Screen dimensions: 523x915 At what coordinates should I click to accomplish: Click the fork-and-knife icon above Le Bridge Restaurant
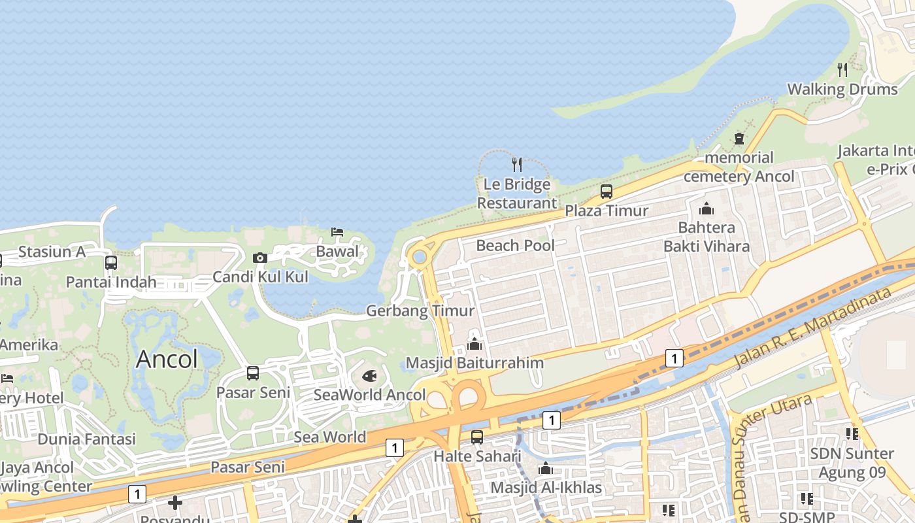[516, 163]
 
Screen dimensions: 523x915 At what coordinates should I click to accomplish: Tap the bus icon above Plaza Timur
[607, 192]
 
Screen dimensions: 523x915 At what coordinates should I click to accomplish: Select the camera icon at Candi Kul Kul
[260, 258]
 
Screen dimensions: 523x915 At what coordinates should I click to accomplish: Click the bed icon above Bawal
[337, 232]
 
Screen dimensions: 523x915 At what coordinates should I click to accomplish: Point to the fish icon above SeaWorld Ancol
[369, 376]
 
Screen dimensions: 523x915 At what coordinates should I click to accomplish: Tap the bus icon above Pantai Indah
[111, 263]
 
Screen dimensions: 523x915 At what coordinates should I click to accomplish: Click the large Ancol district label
[167, 359]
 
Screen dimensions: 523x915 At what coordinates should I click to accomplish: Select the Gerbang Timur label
[420, 311]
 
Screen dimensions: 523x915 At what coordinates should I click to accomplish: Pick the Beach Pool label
[515, 246]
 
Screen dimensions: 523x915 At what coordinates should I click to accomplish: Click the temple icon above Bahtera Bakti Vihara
[707, 209]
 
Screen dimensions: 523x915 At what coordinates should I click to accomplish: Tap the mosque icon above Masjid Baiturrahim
[474, 343]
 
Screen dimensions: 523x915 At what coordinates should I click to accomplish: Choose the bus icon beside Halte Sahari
[477, 437]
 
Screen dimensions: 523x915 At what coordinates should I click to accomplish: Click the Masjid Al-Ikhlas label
[546, 488]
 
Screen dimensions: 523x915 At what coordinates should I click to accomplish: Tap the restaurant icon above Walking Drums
[842, 69]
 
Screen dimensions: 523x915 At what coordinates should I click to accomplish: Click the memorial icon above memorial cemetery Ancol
[739, 139]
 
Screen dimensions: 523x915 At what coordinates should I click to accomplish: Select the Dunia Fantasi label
[86, 439]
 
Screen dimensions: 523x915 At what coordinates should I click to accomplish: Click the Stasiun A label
[52, 252]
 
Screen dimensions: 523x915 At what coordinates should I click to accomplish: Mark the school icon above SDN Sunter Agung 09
[852, 433]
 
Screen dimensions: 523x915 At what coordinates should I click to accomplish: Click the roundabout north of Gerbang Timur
[419, 257]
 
